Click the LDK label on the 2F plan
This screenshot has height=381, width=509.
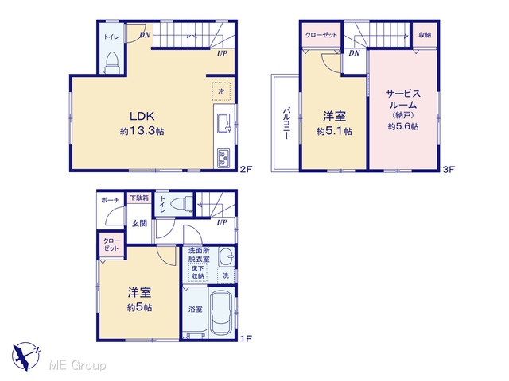[x=142, y=116]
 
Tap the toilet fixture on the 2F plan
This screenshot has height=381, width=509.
[x=112, y=62]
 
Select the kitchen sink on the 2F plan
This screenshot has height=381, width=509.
[x=224, y=124]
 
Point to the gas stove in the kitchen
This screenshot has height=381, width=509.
[x=223, y=158]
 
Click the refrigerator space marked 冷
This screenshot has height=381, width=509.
[x=221, y=91]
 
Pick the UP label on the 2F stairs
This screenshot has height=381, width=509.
[x=223, y=53]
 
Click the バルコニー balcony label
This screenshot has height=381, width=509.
[x=286, y=124]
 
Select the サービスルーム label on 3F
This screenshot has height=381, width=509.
[x=403, y=99]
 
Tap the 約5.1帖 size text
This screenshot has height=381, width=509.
[x=334, y=131]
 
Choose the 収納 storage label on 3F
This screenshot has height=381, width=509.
[x=425, y=35]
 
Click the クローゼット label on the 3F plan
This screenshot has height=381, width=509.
[x=321, y=35]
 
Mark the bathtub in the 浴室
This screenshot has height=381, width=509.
[x=221, y=313]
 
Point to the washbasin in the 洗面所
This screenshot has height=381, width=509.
[x=226, y=256]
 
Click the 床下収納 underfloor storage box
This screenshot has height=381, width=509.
[x=198, y=272]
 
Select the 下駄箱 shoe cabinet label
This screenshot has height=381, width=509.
[x=140, y=198]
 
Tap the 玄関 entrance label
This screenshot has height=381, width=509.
[x=140, y=223]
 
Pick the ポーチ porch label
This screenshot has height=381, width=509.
[x=111, y=200]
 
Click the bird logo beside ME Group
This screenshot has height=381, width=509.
[x=25, y=356]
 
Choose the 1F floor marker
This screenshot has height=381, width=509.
[x=246, y=339]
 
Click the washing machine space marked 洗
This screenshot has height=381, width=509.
[x=226, y=275]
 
